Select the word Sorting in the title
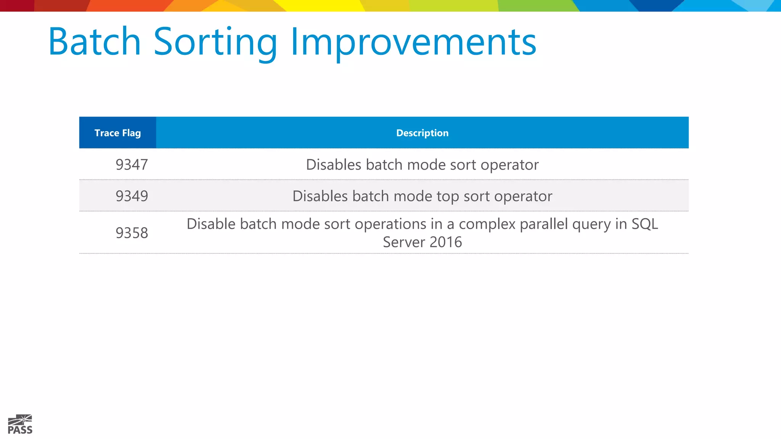point(215,42)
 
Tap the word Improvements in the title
point(413,42)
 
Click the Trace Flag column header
point(117,133)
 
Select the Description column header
point(422,133)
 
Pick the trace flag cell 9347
point(132,165)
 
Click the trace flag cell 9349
point(132,196)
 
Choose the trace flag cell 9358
point(132,233)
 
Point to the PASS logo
point(20,425)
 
